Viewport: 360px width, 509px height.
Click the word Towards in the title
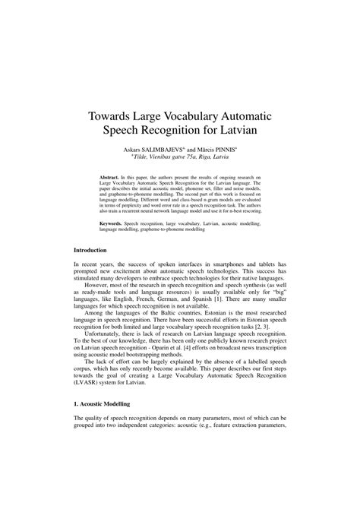point(114,117)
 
